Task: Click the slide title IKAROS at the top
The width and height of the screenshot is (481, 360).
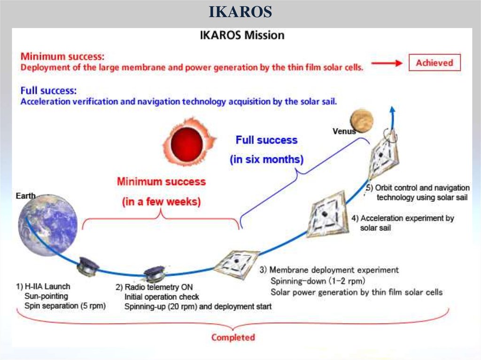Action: coord(240,11)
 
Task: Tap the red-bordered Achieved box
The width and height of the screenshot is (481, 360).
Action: coord(434,62)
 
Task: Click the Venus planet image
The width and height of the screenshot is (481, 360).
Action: coord(361,121)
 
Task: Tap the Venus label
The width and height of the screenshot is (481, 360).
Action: coord(344,131)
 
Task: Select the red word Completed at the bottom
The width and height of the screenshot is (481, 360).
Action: coord(233,337)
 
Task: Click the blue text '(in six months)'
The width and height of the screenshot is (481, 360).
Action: coord(266,160)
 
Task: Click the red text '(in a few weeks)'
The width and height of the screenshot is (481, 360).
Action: coord(161,202)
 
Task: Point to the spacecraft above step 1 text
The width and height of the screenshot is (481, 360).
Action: coord(88,267)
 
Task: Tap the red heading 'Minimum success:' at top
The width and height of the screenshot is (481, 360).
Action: coord(62,56)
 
